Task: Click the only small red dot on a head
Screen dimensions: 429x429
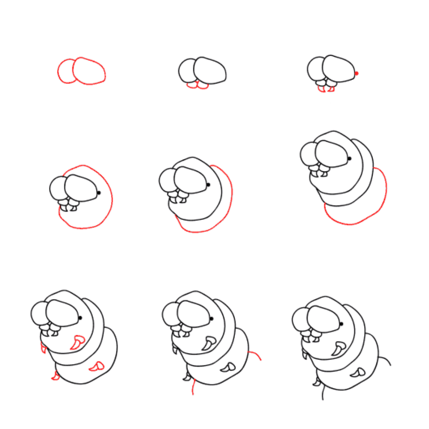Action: pos(357,73)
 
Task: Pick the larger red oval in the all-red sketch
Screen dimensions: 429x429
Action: pos(89,71)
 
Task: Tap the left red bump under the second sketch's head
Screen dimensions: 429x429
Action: pos(192,86)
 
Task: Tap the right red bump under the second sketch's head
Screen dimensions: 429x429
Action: pos(203,86)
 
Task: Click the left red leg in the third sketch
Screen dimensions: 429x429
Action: pos(322,89)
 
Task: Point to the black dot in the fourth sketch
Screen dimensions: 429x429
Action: pos(99,193)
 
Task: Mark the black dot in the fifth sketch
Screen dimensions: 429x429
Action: pos(208,185)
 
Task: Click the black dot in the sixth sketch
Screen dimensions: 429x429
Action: pos(349,158)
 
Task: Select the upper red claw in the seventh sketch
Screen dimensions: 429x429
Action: pos(78,342)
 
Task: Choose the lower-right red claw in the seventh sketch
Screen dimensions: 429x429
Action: pos(97,367)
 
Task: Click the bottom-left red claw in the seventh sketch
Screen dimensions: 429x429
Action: pos(56,376)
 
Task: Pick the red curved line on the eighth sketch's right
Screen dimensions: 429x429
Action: pos(255,355)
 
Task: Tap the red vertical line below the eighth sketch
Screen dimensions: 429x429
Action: pos(193,387)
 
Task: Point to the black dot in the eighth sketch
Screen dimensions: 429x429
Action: pos(211,318)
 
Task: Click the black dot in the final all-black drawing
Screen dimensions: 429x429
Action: pos(341,324)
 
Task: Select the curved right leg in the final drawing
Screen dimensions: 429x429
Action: pos(385,360)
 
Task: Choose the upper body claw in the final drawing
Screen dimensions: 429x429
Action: pos(339,348)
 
